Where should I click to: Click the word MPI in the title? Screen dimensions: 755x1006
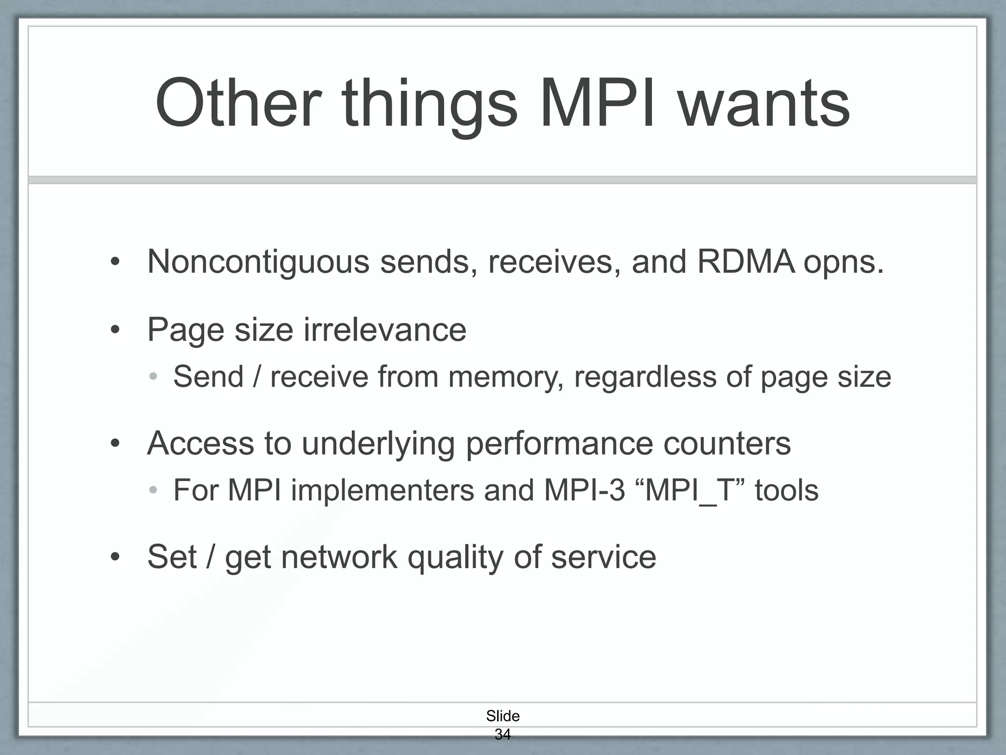point(597,104)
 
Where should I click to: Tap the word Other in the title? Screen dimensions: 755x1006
point(238,104)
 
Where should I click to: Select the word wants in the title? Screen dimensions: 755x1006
point(764,104)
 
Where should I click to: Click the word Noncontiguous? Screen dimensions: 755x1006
point(258,261)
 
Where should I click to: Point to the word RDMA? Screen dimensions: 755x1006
point(746,261)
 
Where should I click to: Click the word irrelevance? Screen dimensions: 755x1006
point(385,329)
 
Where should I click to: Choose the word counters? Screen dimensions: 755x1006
point(727,443)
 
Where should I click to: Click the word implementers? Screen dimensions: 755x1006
point(383,491)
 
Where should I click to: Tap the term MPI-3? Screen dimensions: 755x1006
point(585,490)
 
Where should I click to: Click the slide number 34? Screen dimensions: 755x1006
point(503,734)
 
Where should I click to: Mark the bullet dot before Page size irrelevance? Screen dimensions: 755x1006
point(115,330)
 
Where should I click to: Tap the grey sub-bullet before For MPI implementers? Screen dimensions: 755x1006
point(153,490)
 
